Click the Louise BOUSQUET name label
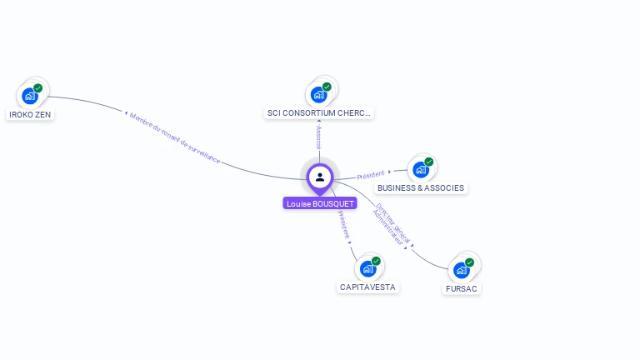pos(320,203)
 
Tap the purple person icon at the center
pos(320,177)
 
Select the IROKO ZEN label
pos(29,114)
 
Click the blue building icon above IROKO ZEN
pos(30,96)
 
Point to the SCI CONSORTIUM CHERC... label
pos(319,112)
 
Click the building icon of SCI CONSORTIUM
pos(318,94)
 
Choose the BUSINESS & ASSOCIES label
pos(421,187)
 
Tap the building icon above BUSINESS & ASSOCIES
pos(421,169)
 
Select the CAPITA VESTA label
pos(367,287)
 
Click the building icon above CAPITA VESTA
pos(367,268)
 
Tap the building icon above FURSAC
pos(461,270)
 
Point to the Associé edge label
pos(319,137)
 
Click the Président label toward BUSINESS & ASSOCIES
pos(371,175)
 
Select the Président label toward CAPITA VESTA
pos(344,225)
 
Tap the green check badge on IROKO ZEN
pos(37,88)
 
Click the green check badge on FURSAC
pos(469,262)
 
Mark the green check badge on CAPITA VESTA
pos(376,261)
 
